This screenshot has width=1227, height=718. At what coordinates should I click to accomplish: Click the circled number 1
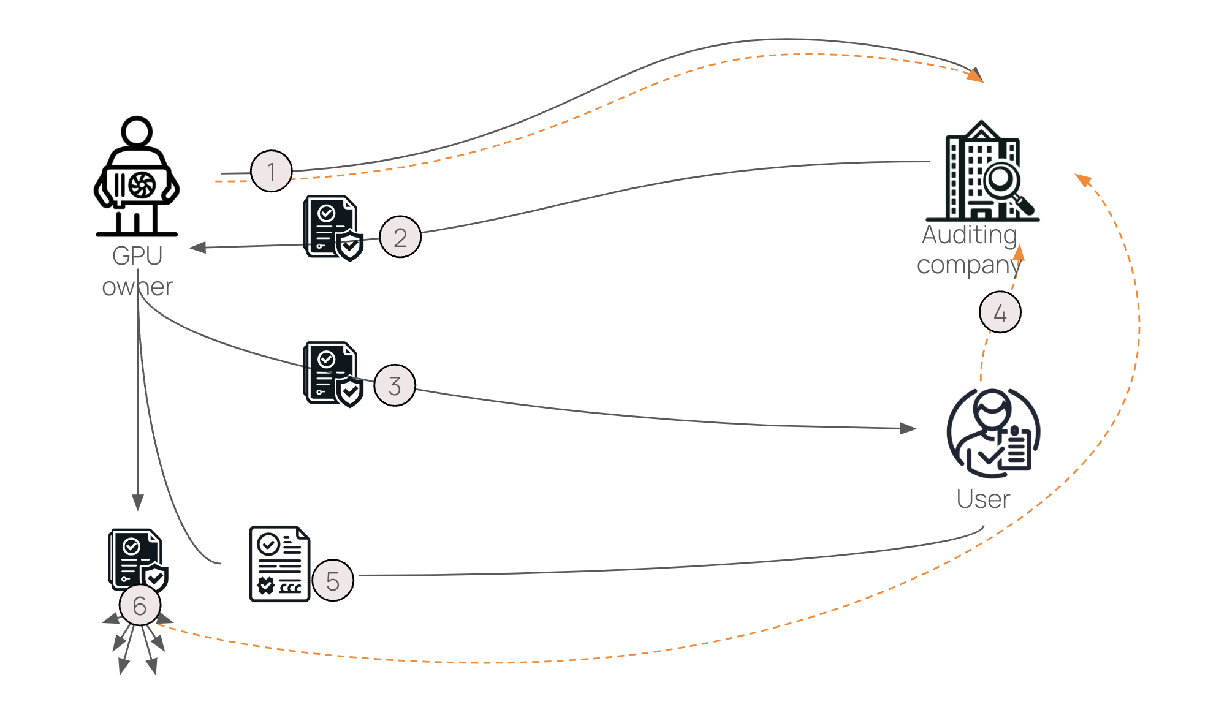coord(271,172)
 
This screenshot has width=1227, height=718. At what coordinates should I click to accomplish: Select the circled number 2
coord(400,237)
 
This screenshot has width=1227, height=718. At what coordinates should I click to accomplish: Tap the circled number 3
coord(394,385)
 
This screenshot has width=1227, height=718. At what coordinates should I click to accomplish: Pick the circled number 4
coord(1000,312)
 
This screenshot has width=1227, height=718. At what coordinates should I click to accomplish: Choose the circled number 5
coord(332,581)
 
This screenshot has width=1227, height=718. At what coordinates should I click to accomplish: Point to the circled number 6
coord(140,605)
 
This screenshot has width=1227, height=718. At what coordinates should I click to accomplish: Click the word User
coord(982,499)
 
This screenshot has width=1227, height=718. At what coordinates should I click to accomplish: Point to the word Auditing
coord(969,235)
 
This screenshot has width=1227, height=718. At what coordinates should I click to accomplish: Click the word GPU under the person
coord(137,256)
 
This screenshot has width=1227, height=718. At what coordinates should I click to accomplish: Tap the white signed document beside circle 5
coord(279,564)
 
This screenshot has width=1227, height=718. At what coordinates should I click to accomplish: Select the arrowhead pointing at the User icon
coord(908,428)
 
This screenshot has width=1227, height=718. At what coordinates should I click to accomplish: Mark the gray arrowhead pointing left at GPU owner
coord(197,248)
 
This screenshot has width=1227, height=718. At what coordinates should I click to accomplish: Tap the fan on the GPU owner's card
coord(142,185)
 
